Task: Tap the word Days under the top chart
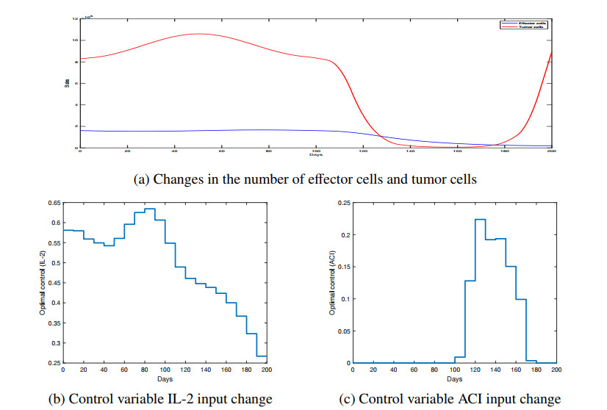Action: point(315,155)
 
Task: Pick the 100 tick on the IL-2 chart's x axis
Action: point(165,370)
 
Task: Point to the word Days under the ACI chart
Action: point(454,380)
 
